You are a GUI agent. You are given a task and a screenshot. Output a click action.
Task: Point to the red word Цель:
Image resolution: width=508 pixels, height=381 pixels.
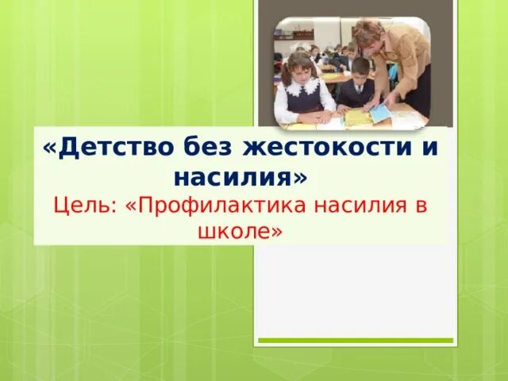pyautogui.click(x=85, y=206)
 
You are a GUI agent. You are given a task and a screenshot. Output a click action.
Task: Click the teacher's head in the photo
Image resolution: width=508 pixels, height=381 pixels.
pyautogui.click(x=370, y=36)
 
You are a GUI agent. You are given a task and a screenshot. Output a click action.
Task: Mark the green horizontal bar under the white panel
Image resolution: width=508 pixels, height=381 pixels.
pyautogui.click(x=355, y=341)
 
